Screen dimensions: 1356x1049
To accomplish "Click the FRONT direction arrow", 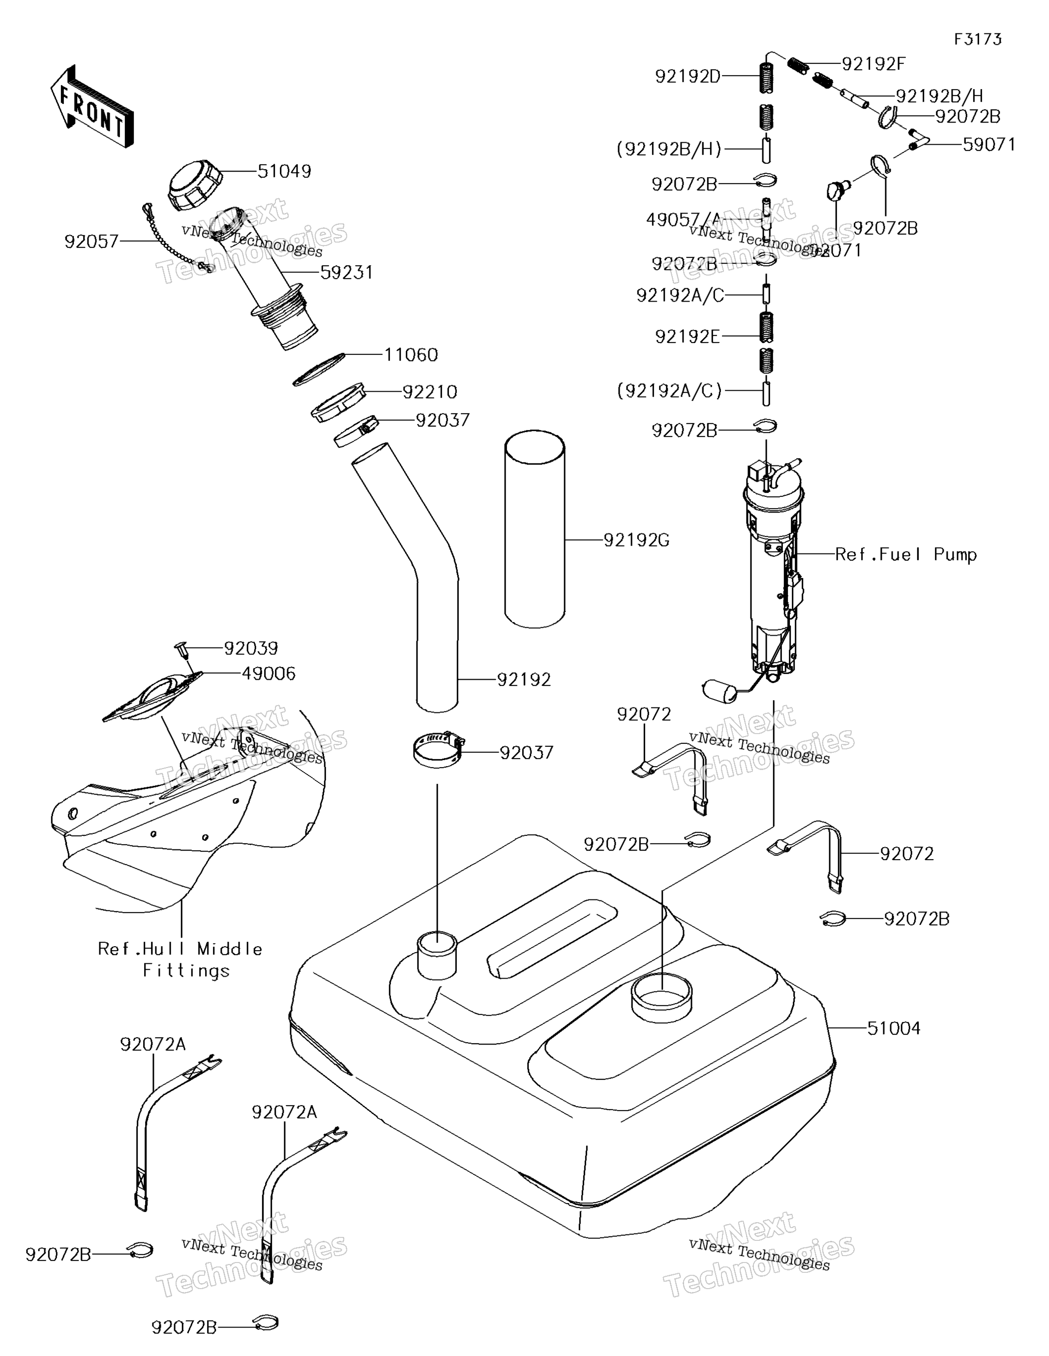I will (92, 107).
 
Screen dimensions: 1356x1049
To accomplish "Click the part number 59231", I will (346, 273).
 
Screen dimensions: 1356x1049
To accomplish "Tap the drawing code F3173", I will (978, 40).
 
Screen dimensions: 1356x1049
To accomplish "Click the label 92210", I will (429, 392).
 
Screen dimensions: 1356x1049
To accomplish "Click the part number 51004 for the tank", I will (893, 1028).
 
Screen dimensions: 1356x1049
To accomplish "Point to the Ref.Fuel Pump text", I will (905, 555).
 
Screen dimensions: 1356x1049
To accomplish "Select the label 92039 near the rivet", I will (251, 648).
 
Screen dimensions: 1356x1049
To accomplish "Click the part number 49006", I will (268, 674).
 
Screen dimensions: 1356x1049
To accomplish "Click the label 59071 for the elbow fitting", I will (989, 145).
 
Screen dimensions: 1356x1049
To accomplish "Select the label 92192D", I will (688, 76).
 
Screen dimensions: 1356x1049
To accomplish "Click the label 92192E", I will (688, 337).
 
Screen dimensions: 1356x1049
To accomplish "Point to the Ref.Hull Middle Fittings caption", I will (180, 959).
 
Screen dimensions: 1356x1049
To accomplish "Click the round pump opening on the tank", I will (661, 995).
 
